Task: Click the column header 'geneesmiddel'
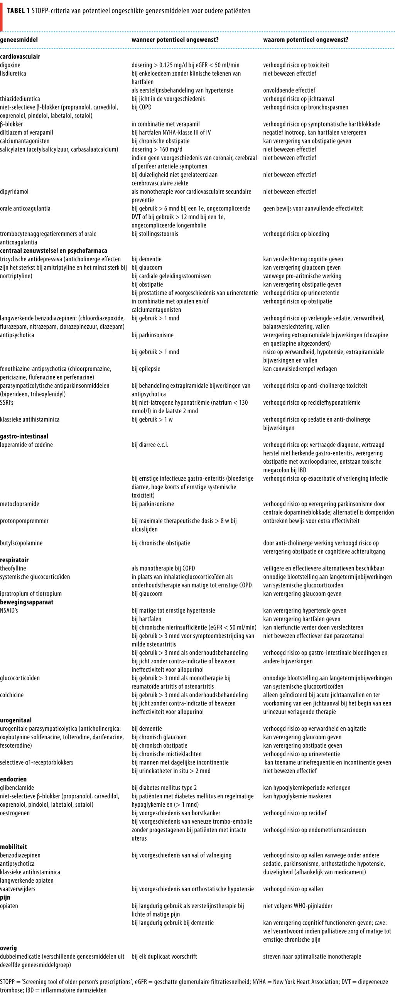(x=19, y=40)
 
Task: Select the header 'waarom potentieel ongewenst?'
(x=306, y=40)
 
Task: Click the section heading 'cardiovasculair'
(x=20, y=56)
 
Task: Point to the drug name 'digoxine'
(x=10, y=65)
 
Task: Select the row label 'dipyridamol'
(x=14, y=192)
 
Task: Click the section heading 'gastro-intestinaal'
(x=24, y=436)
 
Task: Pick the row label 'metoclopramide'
(x=19, y=504)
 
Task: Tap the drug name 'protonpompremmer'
(x=24, y=521)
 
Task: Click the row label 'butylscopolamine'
(x=21, y=543)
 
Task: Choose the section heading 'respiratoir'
(x=14, y=560)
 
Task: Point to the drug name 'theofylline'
(x=13, y=568)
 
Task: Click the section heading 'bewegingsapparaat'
(x=27, y=602)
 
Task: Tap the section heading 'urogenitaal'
(x=16, y=720)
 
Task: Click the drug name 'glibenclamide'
(x=17, y=788)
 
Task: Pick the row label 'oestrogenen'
(x=15, y=813)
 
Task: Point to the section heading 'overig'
(x=8, y=948)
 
